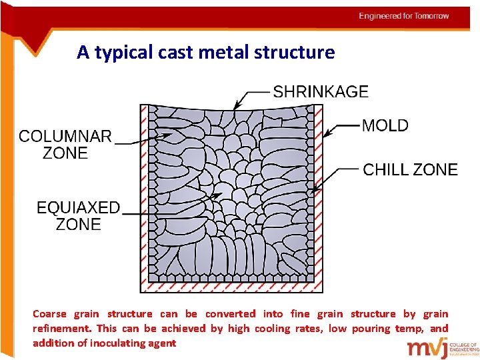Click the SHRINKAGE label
[x=321, y=92]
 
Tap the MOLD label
[x=385, y=125]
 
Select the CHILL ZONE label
[x=410, y=170]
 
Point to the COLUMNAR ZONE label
[x=65, y=145]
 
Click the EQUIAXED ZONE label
[x=78, y=216]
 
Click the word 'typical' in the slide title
[x=124, y=52]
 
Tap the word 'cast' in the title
[x=175, y=52]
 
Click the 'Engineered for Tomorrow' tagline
[x=404, y=16]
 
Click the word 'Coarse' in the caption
[x=50, y=314]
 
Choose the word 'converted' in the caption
[x=230, y=314]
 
